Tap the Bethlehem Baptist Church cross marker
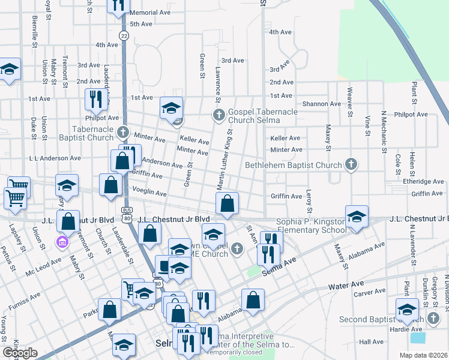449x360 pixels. point(352,164)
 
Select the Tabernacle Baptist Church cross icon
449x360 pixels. point(123,131)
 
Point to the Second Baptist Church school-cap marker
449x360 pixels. point(407,310)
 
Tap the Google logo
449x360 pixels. point(20,353)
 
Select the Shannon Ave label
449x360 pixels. point(322,104)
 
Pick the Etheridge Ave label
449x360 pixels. point(423,181)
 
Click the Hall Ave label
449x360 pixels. point(371,341)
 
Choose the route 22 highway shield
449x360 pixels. point(124,36)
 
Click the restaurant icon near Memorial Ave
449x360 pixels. point(118,5)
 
